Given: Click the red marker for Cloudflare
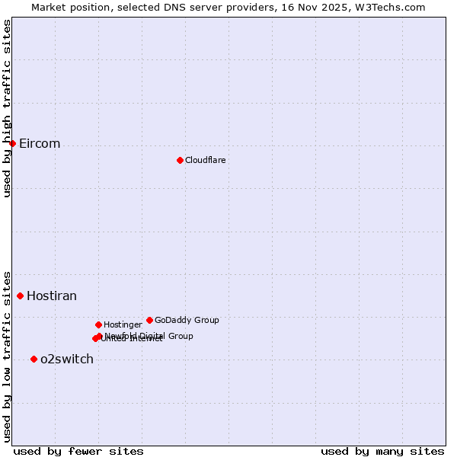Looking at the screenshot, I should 180,160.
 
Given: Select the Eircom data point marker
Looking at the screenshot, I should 12,143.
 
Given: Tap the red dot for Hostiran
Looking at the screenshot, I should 20,296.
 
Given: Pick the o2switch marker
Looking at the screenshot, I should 34,359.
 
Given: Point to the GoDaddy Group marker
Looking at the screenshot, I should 149,320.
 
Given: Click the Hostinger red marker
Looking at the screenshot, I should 98,324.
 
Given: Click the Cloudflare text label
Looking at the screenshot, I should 205,160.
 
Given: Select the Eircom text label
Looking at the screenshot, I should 40,144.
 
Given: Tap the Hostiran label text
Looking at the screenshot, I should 52,296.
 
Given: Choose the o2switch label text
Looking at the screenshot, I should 67,360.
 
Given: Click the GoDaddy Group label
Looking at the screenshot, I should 187,320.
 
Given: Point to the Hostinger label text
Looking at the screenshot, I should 123,324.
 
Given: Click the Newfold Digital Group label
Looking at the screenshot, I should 149,335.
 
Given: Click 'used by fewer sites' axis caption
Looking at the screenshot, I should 78,451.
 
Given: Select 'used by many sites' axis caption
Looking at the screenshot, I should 382,451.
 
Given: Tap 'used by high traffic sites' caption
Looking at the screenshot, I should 7,108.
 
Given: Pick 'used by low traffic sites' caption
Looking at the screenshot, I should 7,356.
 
